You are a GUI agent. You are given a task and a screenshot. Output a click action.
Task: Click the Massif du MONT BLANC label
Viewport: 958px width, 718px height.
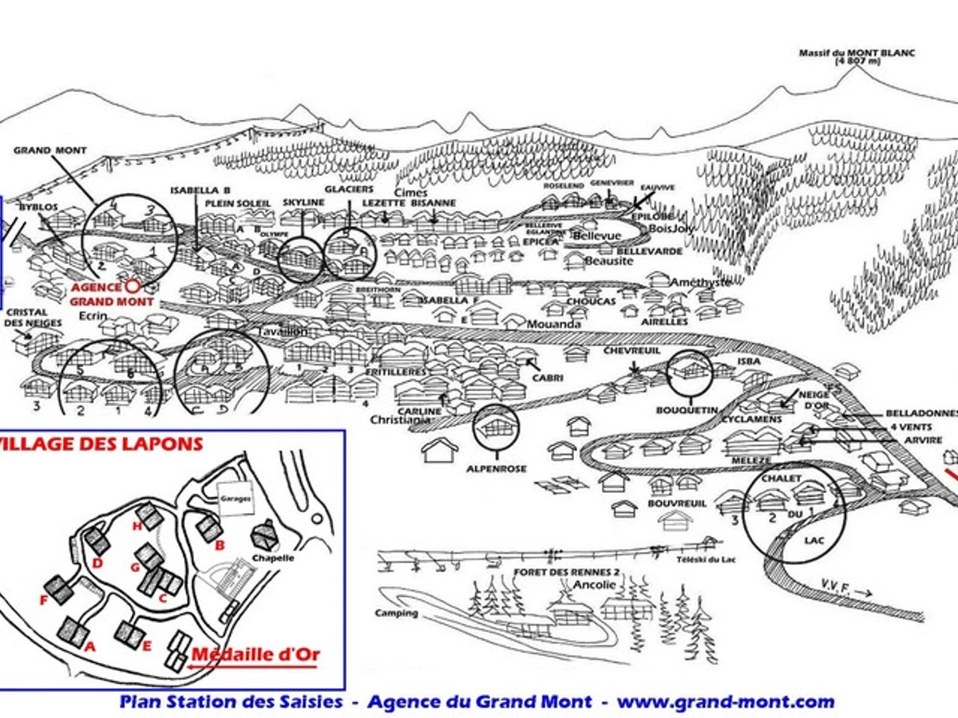[857, 57]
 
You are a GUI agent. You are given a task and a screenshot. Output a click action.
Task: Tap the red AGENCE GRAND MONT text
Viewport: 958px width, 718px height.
[111, 294]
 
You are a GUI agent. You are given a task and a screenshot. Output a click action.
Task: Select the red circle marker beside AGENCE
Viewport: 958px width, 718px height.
[133, 285]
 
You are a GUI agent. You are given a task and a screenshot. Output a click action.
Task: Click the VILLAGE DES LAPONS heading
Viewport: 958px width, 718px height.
[101, 444]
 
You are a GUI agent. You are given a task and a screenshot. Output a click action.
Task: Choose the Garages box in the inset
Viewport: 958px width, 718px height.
[236, 498]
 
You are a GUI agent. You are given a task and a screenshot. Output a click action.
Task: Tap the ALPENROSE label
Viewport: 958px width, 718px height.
[497, 469]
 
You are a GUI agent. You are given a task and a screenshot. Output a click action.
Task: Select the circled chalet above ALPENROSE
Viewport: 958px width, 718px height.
[496, 428]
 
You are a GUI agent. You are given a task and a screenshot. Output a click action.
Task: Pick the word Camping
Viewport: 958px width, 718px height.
[397, 613]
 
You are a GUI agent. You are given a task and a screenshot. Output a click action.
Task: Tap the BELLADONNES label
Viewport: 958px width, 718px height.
[920, 414]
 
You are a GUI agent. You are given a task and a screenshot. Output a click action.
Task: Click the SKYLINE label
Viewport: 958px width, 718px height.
[303, 203]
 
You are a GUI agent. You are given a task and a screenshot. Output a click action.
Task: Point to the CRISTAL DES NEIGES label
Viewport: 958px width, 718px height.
[26, 318]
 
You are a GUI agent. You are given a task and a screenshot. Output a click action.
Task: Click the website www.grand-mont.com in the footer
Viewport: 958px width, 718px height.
[726, 702]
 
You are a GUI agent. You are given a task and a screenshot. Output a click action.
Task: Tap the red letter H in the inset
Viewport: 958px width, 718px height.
[137, 526]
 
